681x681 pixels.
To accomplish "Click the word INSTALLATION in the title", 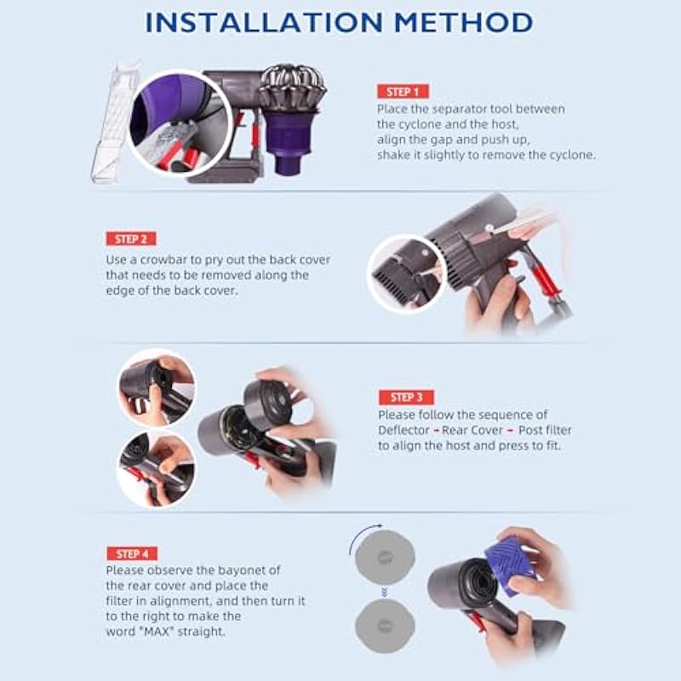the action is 264,22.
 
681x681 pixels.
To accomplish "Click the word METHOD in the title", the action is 463,22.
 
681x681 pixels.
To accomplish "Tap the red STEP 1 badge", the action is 403,92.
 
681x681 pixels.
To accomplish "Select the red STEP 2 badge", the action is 131,239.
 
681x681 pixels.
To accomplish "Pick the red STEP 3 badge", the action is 407,397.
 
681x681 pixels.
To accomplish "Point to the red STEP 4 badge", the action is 132,554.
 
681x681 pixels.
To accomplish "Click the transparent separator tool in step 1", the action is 114,122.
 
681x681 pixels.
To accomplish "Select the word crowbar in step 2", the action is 164,260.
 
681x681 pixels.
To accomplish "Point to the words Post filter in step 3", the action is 545,430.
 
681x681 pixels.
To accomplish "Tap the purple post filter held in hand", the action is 510,565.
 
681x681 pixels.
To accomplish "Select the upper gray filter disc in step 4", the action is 385,558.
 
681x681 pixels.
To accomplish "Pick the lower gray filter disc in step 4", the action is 385,626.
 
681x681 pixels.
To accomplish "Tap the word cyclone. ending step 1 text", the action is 572,155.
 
